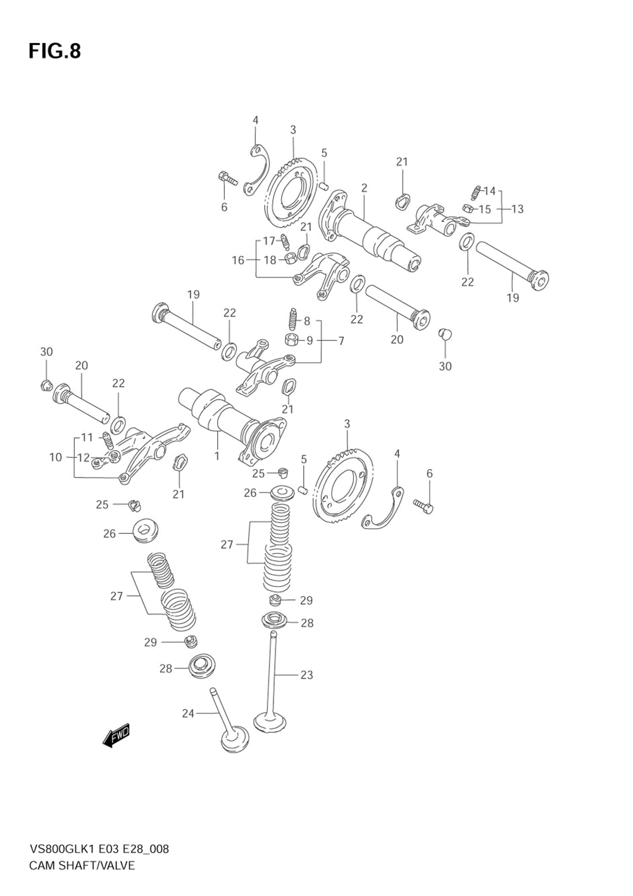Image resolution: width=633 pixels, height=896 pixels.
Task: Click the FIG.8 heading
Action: point(54,51)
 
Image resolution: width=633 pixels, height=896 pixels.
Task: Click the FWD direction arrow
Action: point(116,735)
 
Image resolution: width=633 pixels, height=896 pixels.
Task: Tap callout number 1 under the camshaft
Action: point(216,455)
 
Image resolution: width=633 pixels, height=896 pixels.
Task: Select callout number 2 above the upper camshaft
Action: point(365,188)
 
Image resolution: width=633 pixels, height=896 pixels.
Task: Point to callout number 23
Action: point(306,675)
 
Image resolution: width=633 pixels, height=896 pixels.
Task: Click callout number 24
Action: point(188,713)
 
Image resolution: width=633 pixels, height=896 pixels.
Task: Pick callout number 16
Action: point(237,260)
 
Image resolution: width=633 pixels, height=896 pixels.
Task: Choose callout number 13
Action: point(517,209)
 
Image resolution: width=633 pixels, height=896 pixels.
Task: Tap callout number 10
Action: point(56,457)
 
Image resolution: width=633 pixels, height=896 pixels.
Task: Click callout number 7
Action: point(341,341)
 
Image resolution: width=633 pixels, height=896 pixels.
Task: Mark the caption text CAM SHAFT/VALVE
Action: point(82,865)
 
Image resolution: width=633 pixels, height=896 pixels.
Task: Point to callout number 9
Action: point(310,341)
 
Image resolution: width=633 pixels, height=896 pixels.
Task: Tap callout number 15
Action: point(484,209)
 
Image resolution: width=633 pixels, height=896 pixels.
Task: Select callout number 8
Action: point(306,321)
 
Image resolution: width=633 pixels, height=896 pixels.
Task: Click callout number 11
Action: point(87,437)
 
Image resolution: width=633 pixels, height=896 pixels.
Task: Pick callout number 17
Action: point(269,240)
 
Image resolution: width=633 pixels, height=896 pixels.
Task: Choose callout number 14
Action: point(489,191)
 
